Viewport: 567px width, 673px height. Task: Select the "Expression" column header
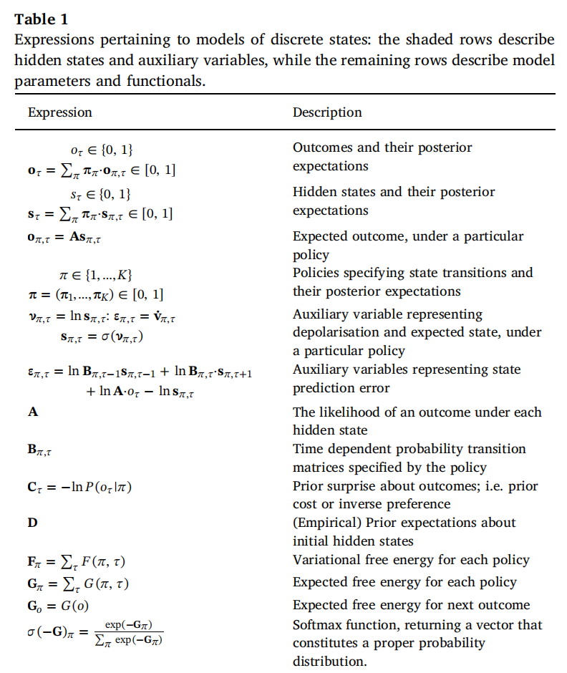pos(59,112)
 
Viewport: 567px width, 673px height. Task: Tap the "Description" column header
pos(327,112)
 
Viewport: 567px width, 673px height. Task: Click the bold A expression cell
pos(32,412)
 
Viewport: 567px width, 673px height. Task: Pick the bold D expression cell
pos(32,523)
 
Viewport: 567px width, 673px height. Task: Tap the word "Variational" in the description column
pos(324,560)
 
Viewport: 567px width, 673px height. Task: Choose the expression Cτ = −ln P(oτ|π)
pos(81,487)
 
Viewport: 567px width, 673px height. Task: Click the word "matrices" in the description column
pos(319,468)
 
